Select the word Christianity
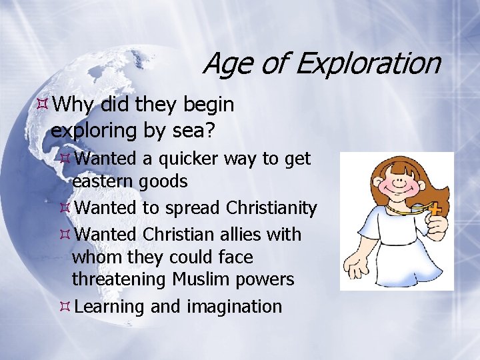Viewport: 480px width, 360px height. (x=271, y=208)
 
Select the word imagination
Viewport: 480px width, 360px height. (x=234, y=307)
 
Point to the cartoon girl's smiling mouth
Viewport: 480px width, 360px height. (x=399, y=200)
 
